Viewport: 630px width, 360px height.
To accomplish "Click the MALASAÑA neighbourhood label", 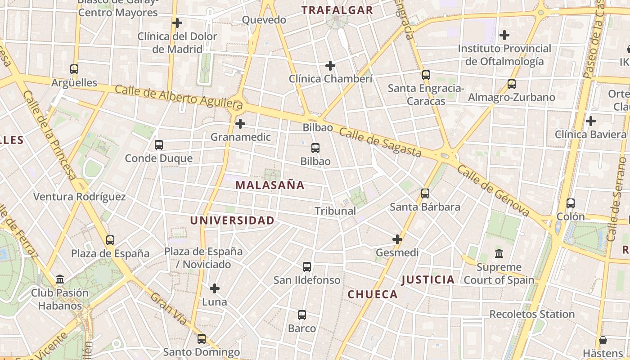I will pos(270,185).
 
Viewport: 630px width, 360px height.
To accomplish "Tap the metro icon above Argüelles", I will pos(74,69).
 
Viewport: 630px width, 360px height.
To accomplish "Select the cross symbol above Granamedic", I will pos(240,123).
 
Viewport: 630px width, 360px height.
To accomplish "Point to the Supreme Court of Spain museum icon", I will pos(499,254).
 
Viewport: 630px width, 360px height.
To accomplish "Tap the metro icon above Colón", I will pos(571,203).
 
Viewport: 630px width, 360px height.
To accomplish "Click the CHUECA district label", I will pos(373,294).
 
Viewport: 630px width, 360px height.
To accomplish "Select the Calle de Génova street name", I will pos(493,191).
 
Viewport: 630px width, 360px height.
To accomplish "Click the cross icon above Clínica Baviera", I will pos(590,121).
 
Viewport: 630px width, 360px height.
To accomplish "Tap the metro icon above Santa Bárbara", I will pos(425,193).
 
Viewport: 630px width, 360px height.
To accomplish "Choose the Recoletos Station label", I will pos(532,314).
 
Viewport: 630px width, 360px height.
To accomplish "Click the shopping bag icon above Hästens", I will pos(603,340).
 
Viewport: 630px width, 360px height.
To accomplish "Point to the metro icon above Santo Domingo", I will pos(202,338).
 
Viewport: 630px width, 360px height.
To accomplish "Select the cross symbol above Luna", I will pos(215,288).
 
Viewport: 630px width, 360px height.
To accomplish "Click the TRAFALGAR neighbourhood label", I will pos(337,10).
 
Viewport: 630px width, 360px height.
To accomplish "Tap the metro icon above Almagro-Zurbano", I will pos(512,84).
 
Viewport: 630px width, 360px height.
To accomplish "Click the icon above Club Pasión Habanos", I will pos(60,279).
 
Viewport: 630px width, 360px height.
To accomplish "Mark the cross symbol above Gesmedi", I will pos(397,239).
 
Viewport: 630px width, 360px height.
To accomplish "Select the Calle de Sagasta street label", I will pos(380,142).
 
